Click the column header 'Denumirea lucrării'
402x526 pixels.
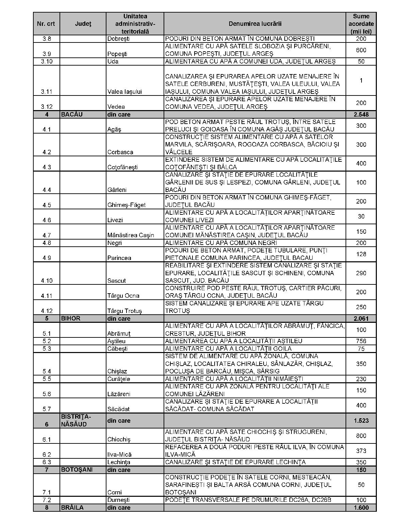[255, 24]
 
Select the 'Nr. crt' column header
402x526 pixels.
[46, 24]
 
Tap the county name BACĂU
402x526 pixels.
[71, 115]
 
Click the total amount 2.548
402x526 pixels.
[361, 115]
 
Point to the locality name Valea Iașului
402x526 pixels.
[124, 92]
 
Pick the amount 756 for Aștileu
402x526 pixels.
[361, 341]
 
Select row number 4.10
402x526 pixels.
[47, 281]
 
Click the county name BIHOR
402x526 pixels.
[71, 319]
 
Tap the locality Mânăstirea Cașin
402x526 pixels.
[131, 235]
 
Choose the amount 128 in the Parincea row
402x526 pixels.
[361, 254]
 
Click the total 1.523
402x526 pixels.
[361, 421]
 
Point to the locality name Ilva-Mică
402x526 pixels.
[119, 455]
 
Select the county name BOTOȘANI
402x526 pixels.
[77, 470]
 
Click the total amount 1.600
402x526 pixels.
[361, 508]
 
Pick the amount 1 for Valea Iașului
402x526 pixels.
[361, 81]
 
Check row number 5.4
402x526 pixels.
[47, 371]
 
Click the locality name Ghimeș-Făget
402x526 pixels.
[126, 205]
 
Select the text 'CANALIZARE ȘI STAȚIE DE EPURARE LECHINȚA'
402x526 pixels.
[235, 462]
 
